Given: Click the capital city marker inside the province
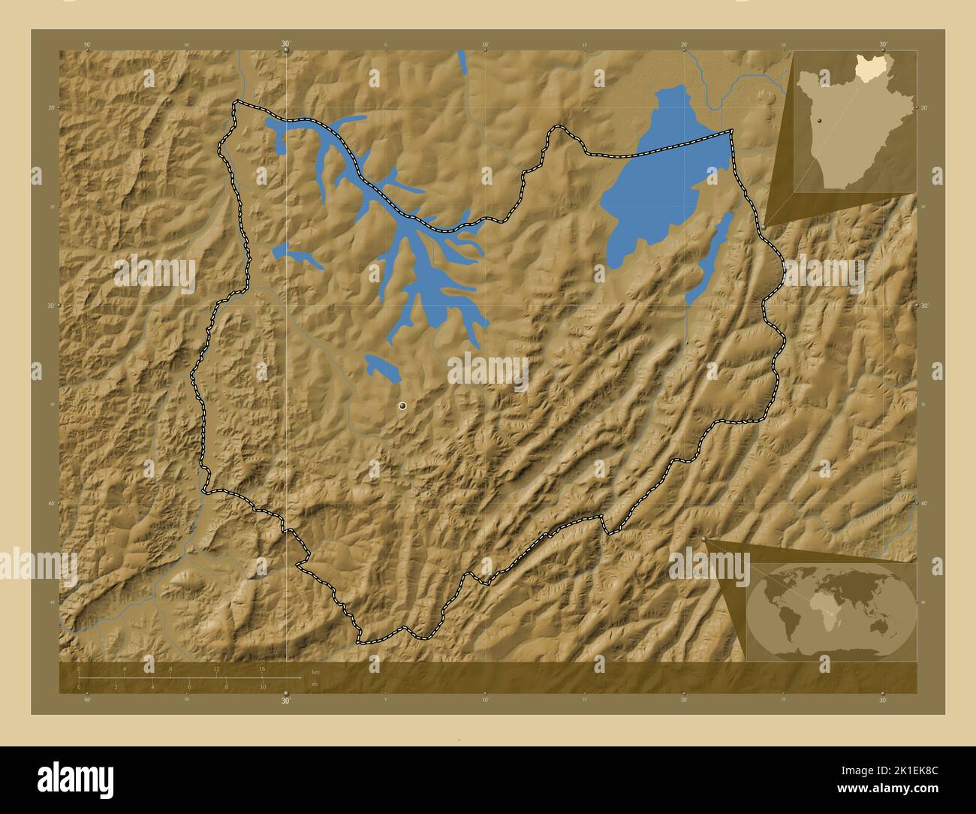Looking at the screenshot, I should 403,405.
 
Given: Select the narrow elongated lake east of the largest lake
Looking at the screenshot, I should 709,259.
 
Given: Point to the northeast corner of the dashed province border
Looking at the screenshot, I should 731,132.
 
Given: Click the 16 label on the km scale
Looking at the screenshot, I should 263,668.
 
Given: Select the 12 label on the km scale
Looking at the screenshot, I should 216,668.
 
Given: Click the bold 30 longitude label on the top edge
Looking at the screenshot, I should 285,45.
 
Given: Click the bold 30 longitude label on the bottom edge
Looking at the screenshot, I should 285,701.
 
